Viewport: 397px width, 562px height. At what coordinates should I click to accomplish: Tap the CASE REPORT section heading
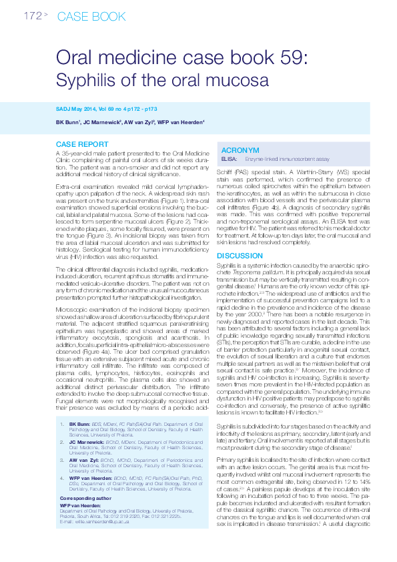[82, 144]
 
